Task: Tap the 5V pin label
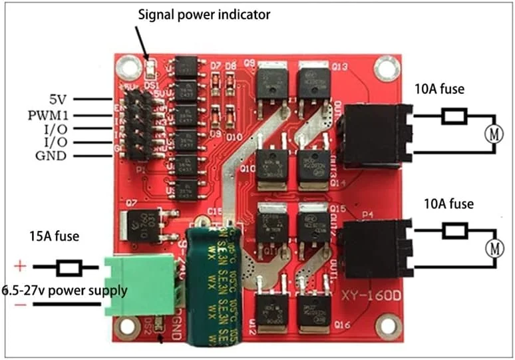[x=58, y=100]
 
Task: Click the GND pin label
[x=53, y=156]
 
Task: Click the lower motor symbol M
[x=494, y=249]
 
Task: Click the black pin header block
[x=139, y=127]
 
